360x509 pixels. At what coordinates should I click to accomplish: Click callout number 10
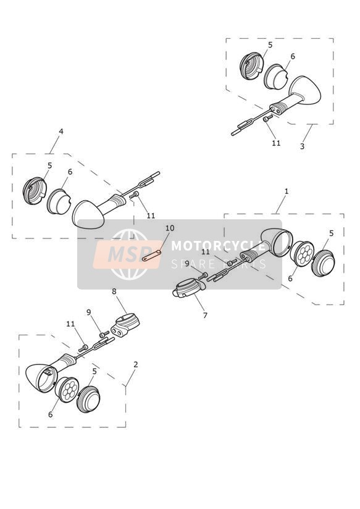click(170, 228)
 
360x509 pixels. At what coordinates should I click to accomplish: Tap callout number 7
click(205, 315)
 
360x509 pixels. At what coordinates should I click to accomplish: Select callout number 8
click(114, 292)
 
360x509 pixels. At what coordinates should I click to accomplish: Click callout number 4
click(61, 132)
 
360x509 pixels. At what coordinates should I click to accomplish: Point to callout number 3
click(302, 146)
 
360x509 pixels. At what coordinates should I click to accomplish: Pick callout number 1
click(287, 191)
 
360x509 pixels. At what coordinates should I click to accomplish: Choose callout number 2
click(136, 364)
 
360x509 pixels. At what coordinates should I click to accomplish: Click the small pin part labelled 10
click(152, 255)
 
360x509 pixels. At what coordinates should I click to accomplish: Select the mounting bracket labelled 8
click(125, 325)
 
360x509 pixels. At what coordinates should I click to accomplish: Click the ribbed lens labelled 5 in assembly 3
click(251, 66)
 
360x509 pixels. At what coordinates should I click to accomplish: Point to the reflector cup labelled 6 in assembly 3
click(275, 76)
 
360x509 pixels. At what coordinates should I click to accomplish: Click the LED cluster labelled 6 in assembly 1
click(301, 253)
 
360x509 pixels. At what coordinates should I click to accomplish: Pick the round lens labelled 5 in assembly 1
click(323, 263)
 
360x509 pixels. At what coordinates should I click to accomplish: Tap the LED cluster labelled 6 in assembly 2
click(67, 390)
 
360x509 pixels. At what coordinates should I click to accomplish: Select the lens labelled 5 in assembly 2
click(88, 399)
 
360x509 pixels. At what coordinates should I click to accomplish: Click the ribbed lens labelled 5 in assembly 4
click(35, 190)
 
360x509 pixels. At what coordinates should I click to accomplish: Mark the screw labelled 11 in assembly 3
click(267, 118)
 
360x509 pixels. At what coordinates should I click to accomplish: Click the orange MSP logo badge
click(128, 254)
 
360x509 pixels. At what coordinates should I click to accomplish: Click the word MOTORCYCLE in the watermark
click(219, 246)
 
